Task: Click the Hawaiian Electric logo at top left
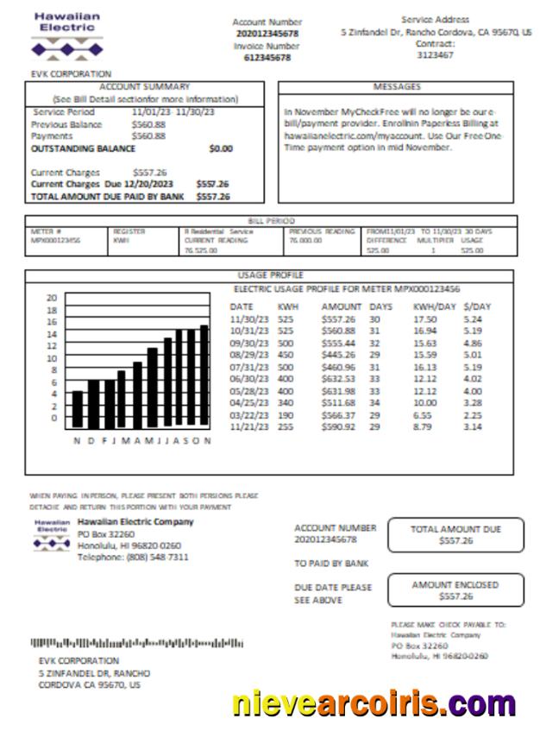pyautogui.click(x=67, y=35)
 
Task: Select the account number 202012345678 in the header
pyautogui.click(x=267, y=34)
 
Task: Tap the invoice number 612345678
pyautogui.click(x=267, y=58)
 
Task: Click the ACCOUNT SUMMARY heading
pyautogui.click(x=144, y=87)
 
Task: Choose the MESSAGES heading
pyautogui.click(x=396, y=87)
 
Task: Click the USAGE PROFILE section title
pyautogui.click(x=268, y=275)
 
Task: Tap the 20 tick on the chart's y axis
pyautogui.click(x=51, y=298)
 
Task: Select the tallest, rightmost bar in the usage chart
pyautogui.click(x=204, y=376)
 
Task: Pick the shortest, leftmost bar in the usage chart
pyautogui.click(x=78, y=409)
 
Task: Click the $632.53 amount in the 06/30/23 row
pyautogui.click(x=338, y=378)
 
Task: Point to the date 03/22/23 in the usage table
pyautogui.click(x=247, y=413)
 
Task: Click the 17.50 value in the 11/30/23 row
pyautogui.click(x=424, y=318)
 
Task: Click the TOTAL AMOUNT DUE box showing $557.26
pyautogui.click(x=455, y=535)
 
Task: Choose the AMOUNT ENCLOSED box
pyautogui.click(x=455, y=590)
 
